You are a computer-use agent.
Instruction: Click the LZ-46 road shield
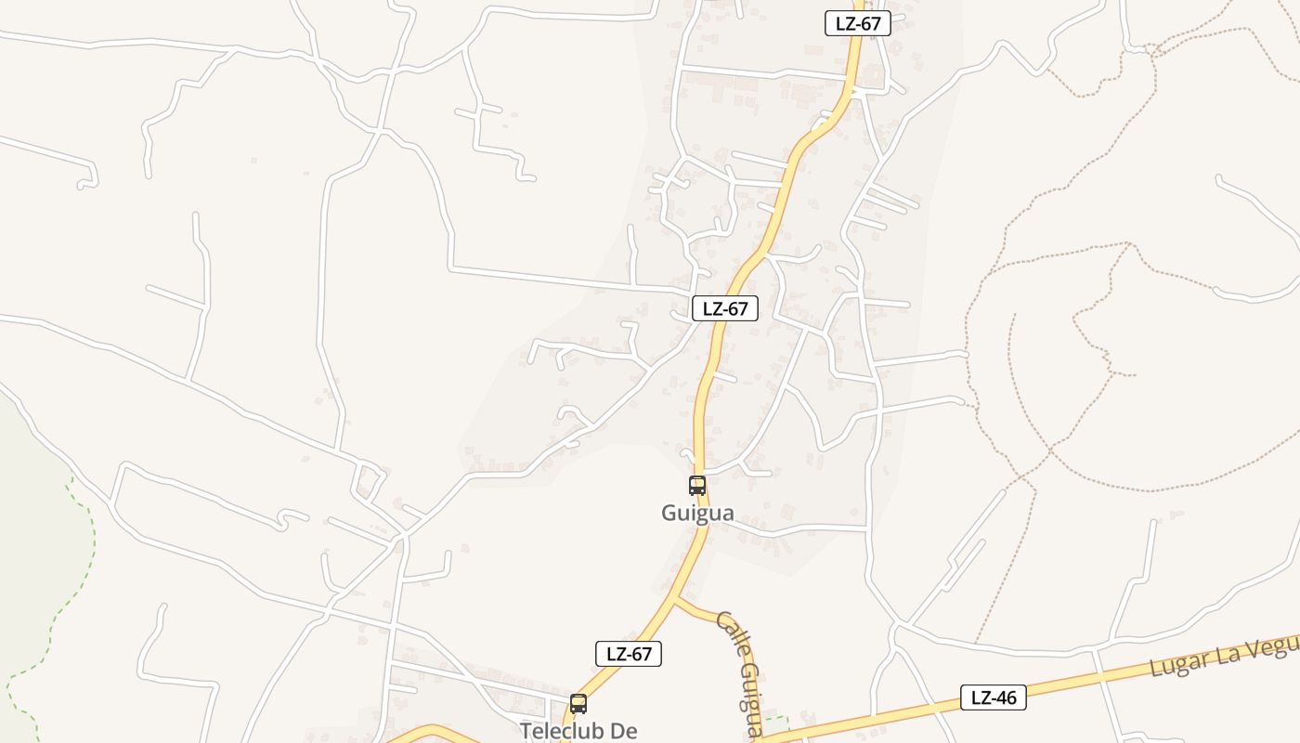(x=994, y=697)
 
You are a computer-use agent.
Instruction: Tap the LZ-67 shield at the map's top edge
(x=857, y=23)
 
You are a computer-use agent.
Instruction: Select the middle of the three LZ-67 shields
(x=724, y=309)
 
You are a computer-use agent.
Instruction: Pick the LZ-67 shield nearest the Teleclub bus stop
(x=629, y=654)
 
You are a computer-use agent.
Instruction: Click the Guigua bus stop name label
(x=697, y=513)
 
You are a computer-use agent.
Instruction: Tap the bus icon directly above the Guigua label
(x=697, y=485)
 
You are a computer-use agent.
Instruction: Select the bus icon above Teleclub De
(x=578, y=703)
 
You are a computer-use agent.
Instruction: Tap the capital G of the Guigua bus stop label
(x=669, y=513)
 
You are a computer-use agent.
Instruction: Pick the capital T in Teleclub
(x=526, y=731)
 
